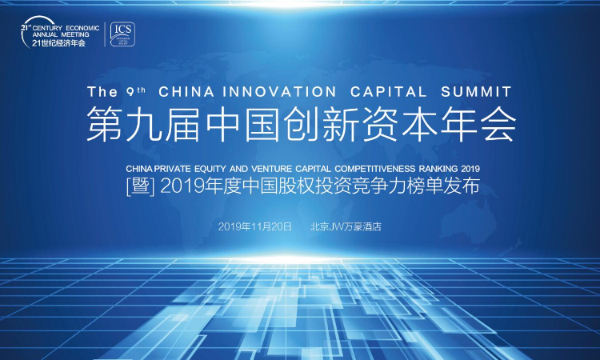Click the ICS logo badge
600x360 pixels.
pos(122,34)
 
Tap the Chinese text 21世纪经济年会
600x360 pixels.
pos(58,43)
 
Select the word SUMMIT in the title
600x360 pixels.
pos(477,92)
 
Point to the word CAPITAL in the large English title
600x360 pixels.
pos(388,92)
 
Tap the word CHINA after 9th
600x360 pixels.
pos(186,92)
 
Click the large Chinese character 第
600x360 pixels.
pos(104,124)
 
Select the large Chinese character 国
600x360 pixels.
pos(262,124)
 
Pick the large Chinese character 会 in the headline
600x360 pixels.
pos(498,124)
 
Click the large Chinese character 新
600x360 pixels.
pos(341,124)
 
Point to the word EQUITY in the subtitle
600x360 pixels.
pos(210,169)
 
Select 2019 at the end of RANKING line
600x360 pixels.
pos(470,169)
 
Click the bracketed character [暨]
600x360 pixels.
pos(141,187)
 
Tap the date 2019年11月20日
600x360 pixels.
pos(255,226)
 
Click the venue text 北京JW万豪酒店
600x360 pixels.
pos(346,226)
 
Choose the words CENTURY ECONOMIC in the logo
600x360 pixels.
pos(66,28)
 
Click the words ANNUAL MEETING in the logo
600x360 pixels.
pos(61,34)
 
